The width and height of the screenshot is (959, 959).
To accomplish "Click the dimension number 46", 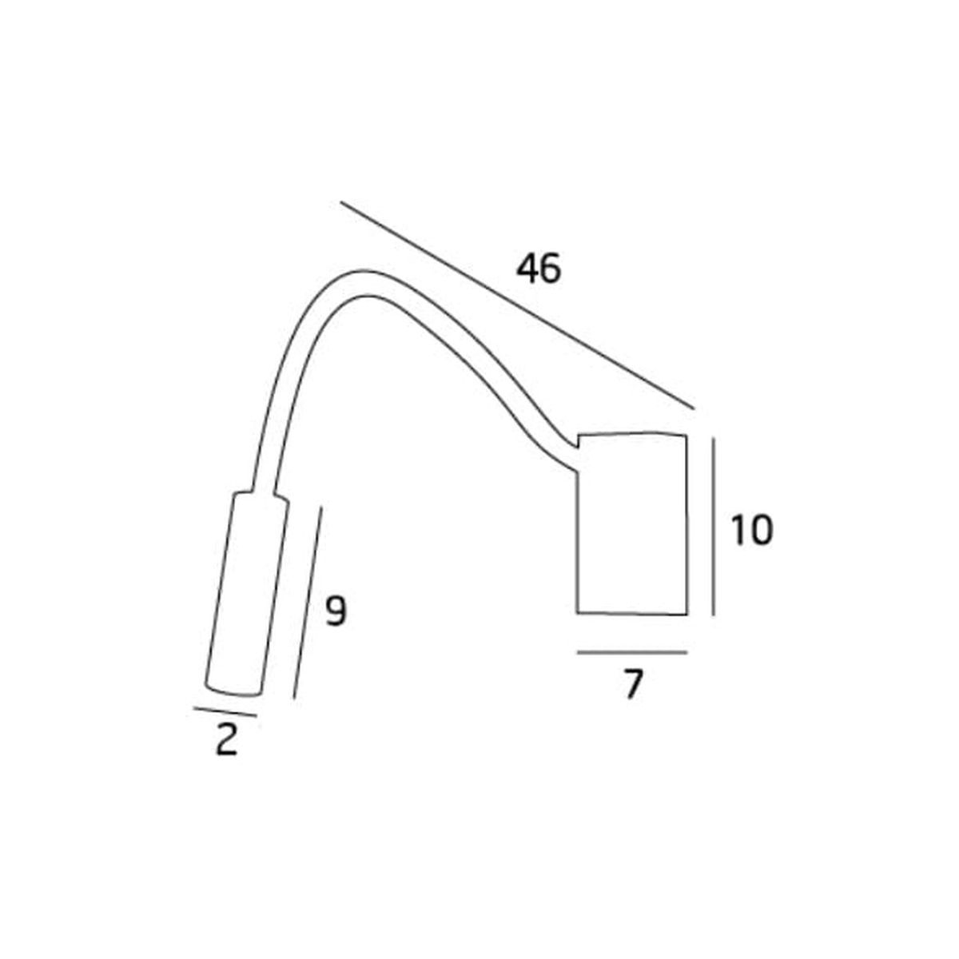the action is click(x=539, y=269).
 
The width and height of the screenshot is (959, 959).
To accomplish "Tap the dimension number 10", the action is click(x=751, y=530).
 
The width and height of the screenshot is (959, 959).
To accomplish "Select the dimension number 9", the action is click(x=335, y=611).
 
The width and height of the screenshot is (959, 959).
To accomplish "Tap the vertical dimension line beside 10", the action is click(x=713, y=527).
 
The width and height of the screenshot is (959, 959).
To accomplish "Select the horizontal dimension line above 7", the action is click(x=632, y=651).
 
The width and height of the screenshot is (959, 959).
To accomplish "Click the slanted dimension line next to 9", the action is click(x=308, y=603).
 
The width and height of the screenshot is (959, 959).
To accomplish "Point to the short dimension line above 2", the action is click(x=225, y=712).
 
